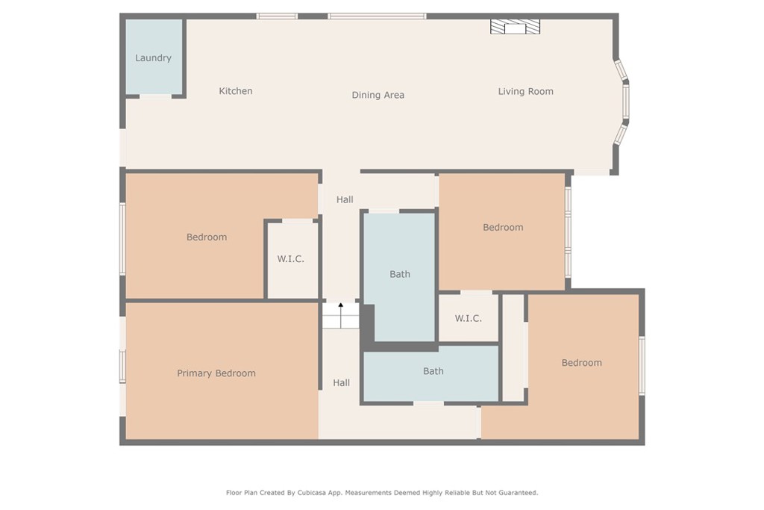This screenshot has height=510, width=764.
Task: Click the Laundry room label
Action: coord(153,58)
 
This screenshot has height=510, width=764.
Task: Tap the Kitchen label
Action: coord(236,91)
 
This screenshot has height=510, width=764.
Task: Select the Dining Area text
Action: coord(378,95)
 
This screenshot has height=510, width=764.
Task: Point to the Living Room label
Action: coord(525,91)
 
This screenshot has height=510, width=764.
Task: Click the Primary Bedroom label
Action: coord(216,373)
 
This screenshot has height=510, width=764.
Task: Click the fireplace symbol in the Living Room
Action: coord(515,27)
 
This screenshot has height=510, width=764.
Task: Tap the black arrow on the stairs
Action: coord(341,306)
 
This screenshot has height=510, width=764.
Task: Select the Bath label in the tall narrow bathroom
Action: coord(400,274)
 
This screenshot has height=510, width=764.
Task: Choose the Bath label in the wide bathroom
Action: coord(433,371)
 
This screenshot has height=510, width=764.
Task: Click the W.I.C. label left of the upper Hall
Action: coord(291,259)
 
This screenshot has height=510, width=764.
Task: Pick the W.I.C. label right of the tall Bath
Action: coord(468,318)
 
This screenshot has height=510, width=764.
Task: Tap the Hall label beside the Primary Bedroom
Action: coord(341,383)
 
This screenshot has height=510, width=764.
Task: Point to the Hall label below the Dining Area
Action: coord(345,199)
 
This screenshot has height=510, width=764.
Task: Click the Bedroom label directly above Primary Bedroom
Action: coord(207,237)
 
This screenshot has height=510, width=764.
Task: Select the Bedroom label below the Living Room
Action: coord(503,227)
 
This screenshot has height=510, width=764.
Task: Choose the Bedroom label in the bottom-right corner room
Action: coord(581,363)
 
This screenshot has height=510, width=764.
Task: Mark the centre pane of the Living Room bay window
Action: coord(626,102)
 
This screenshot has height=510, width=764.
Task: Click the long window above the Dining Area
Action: coord(377,16)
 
